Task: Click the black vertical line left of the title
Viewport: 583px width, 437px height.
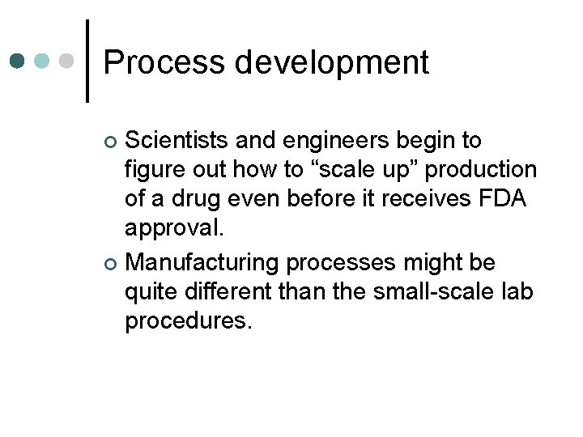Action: tap(87, 61)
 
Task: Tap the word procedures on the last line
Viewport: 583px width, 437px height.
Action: tap(188, 322)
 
